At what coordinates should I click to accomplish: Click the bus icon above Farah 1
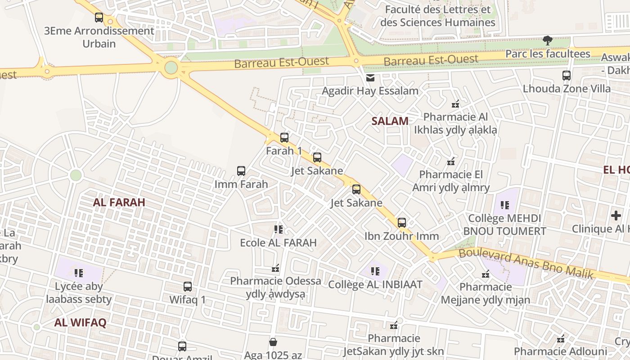[284, 138]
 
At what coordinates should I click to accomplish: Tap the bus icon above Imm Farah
[241, 171]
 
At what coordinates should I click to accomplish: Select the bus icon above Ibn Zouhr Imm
[402, 223]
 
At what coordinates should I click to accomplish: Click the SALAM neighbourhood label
[390, 121]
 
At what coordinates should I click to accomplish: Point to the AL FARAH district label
[119, 202]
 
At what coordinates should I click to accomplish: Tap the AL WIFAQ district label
[81, 323]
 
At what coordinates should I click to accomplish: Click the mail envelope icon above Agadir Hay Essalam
[370, 78]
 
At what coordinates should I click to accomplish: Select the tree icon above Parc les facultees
[548, 41]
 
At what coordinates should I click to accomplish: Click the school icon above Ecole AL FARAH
[279, 230]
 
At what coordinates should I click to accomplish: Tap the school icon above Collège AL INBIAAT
[375, 271]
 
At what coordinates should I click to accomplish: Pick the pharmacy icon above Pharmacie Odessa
[275, 269]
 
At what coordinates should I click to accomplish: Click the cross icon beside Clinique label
[616, 216]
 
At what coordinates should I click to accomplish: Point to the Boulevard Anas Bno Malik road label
[526, 264]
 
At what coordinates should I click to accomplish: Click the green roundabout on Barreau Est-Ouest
[171, 68]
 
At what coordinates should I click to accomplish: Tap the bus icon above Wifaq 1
[188, 287]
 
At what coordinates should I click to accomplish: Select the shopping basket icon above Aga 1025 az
[273, 342]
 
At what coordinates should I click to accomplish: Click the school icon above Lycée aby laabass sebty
[79, 273]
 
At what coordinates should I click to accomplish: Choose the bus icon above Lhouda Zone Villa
[567, 76]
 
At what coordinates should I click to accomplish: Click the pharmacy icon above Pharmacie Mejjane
[486, 274]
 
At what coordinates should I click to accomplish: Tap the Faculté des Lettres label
[438, 16]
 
